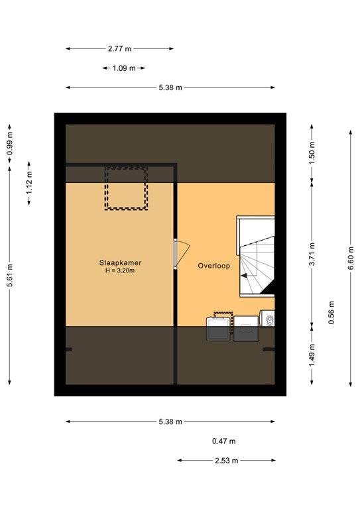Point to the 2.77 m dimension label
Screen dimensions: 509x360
coord(119,48)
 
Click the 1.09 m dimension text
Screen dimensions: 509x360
coord(124,68)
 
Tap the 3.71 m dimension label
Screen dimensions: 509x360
coord(312,257)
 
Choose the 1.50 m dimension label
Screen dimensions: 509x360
coord(312,154)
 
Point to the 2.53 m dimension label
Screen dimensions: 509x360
coord(225,461)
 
